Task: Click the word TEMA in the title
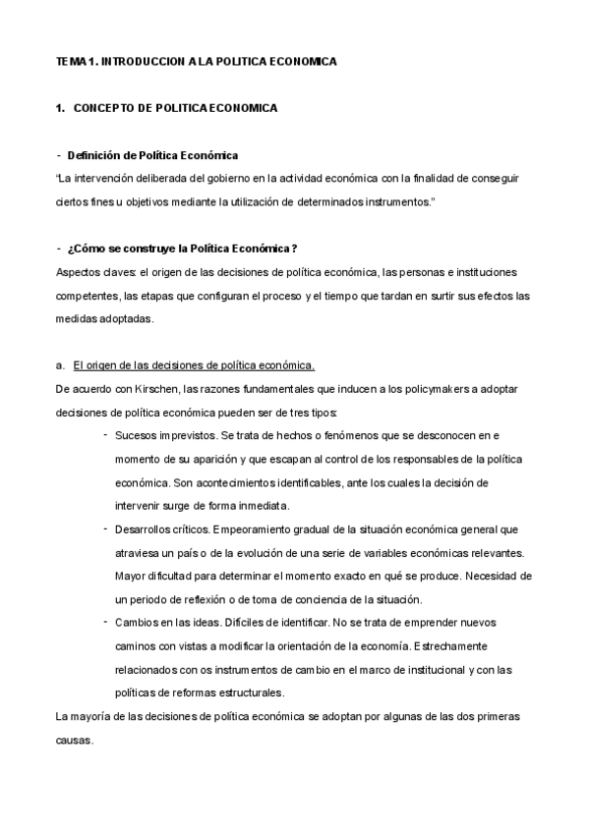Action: click(71, 61)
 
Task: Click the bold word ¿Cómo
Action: click(86, 249)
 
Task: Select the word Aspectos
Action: click(78, 271)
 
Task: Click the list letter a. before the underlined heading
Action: click(61, 365)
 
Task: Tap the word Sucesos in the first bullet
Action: click(135, 435)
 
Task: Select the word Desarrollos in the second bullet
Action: click(142, 529)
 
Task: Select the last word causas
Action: click(74, 740)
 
